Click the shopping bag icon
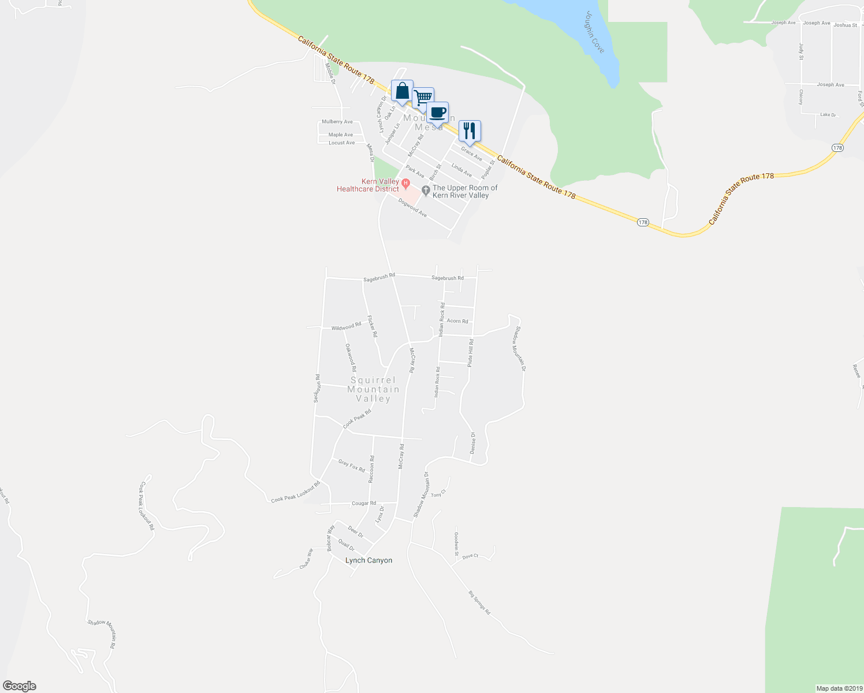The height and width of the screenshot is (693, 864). [x=402, y=92]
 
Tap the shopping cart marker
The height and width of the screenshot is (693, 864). [x=423, y=99]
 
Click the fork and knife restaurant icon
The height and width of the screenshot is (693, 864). [x=470, y=132]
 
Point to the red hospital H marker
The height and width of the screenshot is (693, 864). [x=405, y=184]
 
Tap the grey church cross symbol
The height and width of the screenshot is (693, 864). [x=426, y=190]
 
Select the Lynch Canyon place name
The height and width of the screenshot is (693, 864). [x=368, y=560]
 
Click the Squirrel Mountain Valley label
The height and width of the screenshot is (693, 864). [x=373, y=389]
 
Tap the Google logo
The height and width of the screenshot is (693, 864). [x=20, y=686]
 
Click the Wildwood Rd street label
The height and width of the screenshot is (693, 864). [x=346, y=327]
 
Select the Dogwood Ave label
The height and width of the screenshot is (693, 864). [x=412, y=208]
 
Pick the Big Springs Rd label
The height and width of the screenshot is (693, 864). [x=479, y=602]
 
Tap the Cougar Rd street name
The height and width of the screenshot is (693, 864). [x=364, y=503]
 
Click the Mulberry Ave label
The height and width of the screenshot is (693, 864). [x=337, y=122]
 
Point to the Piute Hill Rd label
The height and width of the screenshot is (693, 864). [x=471, y=353]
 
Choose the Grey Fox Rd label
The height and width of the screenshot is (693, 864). [x=352, y=465]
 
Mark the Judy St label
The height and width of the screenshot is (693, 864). [x=801, y=51]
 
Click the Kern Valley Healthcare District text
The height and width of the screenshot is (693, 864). [x=368, y=185]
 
